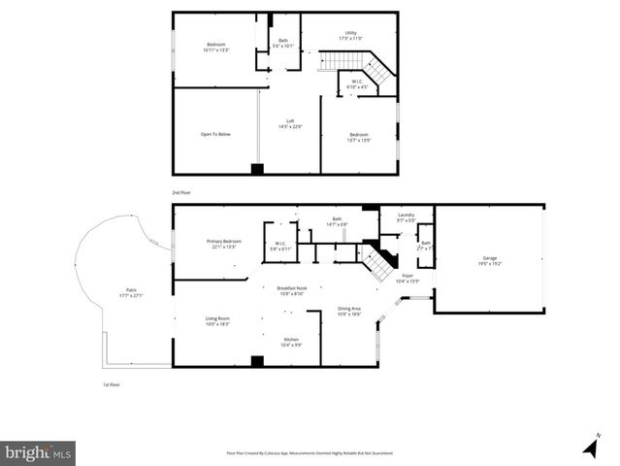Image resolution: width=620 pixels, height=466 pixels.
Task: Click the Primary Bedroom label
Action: click(x=223, y=243)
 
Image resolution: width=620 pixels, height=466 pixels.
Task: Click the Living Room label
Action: click(x=217, y=320)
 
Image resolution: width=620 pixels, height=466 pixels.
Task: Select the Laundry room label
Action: click(x=406, y=216)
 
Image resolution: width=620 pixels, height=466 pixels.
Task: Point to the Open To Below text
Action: click(x=215, y=134)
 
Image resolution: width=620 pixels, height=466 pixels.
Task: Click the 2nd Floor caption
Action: click(x=181, y=193)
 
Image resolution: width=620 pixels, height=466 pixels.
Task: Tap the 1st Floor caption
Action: click(x=112, y=385)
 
